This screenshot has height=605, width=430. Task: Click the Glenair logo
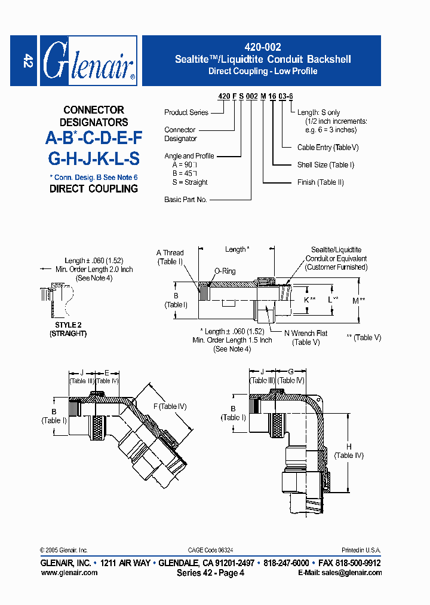[x=88, y=61]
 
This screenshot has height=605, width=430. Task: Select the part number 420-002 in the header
[x=263, y=47]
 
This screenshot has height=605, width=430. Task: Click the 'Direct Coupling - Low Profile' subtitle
[x=263, y=71]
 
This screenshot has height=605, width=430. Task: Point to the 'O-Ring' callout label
[x=225, y=271]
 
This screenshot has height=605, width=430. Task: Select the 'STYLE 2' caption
[x=67, y=325]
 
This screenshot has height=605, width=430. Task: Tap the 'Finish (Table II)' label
[x=321, y=182]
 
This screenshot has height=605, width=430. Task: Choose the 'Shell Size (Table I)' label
[x=325, y=165]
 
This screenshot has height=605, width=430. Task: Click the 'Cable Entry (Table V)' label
[x=328, y=147]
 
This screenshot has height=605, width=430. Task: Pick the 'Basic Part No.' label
[x=185, y=200]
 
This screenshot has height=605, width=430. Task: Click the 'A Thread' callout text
[x=170, y=253]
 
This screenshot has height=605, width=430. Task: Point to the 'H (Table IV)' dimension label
[x=349, y=451]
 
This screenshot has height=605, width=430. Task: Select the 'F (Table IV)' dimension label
[x=170, y=407]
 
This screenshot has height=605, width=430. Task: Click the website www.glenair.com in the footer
[x=69, y=573]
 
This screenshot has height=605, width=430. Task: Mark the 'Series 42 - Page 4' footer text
[x=210, y=573]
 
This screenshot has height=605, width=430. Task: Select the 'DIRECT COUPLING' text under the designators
[x=93, y=188]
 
